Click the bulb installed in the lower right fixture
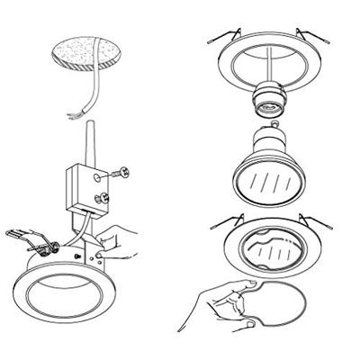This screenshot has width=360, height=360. [x=269, y=247]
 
